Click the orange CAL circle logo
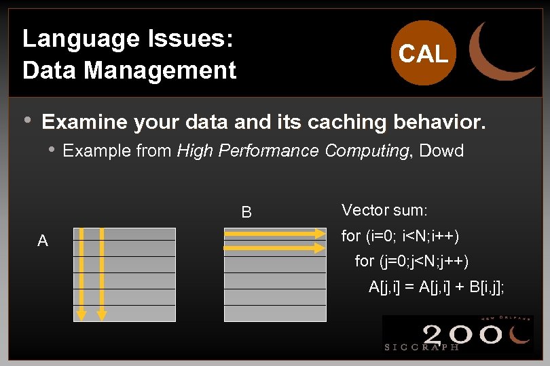423,54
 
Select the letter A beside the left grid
43,241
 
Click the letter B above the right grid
246,213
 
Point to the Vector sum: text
384,210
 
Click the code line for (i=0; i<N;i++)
400,237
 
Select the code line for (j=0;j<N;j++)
411,261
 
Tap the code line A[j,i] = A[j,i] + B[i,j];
437,287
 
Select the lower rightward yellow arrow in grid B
275,248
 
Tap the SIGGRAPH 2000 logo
457,333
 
